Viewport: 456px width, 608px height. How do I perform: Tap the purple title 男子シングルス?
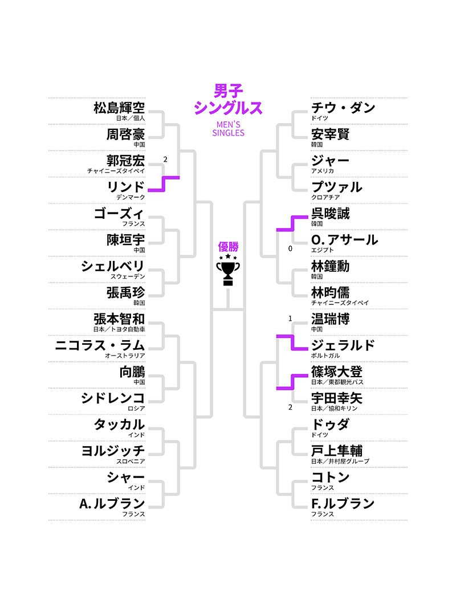point(229,100)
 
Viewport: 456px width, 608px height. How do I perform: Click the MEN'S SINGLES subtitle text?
point(229,129)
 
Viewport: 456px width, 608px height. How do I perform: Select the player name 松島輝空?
point(119,107)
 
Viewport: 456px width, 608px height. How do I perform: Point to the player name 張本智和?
point(119,319)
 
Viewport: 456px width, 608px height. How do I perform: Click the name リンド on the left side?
point(126,186)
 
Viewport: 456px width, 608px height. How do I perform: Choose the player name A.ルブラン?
point(112,503)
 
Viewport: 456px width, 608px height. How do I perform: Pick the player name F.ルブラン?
point(343,503)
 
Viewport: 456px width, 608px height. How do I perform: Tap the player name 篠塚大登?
point(336,372)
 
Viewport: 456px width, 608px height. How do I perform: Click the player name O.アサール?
point(344,240)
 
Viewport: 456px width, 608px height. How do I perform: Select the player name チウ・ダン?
point(343,107)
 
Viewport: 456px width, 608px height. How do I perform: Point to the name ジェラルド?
point(343,345)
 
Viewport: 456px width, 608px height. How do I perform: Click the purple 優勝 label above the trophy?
point(229,247)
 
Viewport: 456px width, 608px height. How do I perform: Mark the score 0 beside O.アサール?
point(290,248)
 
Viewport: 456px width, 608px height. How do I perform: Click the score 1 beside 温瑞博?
point(290,319)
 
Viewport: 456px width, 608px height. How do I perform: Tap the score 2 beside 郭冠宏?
point(165,160)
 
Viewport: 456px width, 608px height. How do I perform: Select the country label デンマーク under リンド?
point(131,197)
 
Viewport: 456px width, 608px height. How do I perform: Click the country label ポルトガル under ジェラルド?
point(325,356)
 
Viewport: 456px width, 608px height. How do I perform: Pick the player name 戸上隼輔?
point(336,451)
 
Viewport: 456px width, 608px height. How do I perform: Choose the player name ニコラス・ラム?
point(100,345)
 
